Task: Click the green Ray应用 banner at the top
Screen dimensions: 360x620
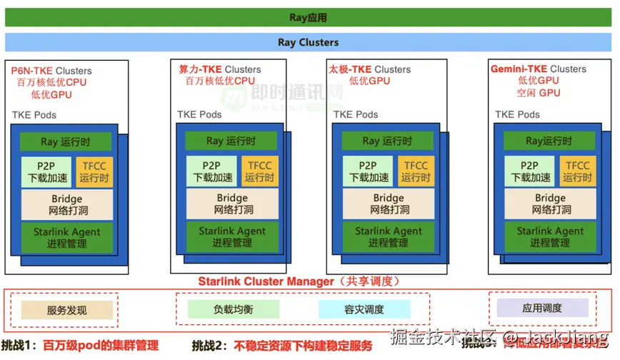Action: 309,17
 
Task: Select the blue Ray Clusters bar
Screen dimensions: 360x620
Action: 309,42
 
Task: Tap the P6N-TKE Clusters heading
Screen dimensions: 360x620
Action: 51,71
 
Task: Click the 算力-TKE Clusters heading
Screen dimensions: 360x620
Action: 219,69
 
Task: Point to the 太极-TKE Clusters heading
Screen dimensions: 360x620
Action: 369,69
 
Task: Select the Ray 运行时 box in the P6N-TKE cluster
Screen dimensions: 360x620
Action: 66,141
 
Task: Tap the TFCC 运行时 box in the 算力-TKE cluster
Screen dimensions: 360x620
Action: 259,171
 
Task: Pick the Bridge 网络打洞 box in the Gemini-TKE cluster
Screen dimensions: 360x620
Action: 551,204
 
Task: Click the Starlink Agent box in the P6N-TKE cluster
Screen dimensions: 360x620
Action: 66,237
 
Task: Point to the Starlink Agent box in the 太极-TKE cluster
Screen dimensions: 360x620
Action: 388,236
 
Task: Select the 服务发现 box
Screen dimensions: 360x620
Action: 66,310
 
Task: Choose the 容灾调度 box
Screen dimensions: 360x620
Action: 364,309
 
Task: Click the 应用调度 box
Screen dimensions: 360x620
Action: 543,308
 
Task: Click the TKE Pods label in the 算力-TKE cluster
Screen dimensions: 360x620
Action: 199,114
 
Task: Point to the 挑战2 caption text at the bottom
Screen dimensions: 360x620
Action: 281,346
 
